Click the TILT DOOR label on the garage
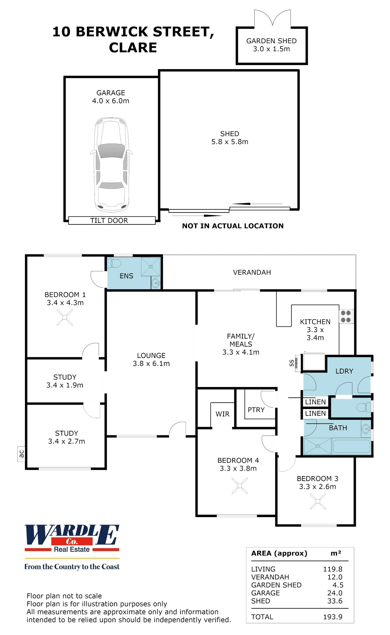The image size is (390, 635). point(109,221)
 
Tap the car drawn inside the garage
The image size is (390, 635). point(112,165)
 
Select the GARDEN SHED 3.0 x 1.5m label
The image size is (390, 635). point(271,45)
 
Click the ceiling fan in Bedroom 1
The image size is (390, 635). point(64,317)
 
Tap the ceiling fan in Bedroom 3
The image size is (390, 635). point(317,501)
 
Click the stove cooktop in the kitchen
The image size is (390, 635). point(346,316)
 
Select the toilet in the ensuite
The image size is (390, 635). point(114,263)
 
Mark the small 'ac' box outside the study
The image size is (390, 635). point(21,454)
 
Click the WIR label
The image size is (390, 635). point(222,414)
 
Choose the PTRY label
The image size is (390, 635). point(256,410)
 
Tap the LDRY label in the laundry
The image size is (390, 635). point(344,371)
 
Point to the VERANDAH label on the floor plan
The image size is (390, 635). point(252,272)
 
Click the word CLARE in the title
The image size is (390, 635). point(133,47)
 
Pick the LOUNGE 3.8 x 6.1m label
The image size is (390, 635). point(151,359)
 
